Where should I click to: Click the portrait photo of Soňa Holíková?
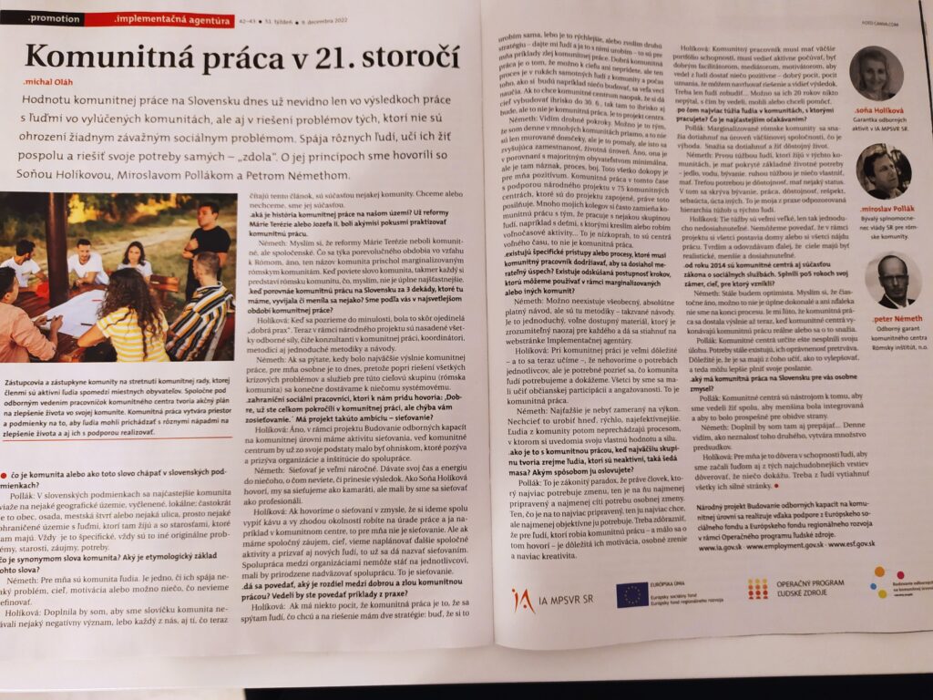coord(877,74)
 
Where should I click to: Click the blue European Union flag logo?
coord(631,594)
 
